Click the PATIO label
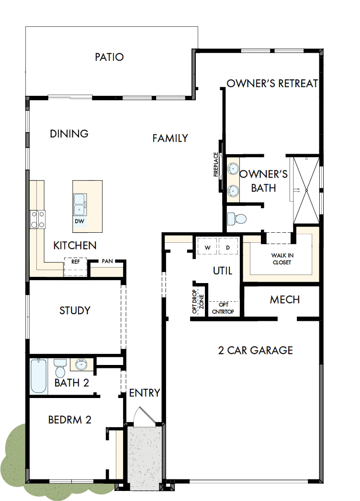[109, 57]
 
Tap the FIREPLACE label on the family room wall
[216, 165]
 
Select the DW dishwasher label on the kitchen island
[80, 222]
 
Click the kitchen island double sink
[80, 205]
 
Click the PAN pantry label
[107, 262]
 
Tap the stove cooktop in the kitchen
[37, 219]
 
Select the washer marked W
[207, 248]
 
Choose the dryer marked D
[228, 248]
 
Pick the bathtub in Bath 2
[39, 376]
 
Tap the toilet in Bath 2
[60, 368]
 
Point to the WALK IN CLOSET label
[281, 259]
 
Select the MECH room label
[285, 300]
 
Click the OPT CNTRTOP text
[224, 308]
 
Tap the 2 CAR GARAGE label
[255, 350]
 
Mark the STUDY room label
[75, 310]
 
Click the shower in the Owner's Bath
[306, 190]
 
